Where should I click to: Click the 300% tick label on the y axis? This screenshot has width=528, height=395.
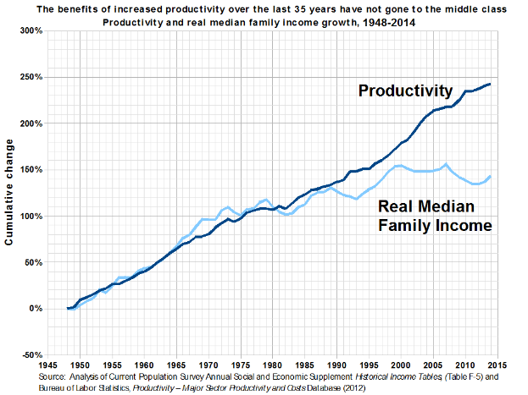click(32, 31)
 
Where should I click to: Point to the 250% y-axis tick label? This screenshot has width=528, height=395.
click(32, 78)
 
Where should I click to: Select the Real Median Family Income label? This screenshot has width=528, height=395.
click(435, 217)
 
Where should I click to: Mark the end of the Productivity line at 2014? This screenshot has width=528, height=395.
click(491, 84)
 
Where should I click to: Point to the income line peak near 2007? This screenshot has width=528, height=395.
click(446, 164)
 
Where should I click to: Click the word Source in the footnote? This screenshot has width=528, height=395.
click(53, 376)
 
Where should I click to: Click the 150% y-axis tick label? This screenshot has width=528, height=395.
click(32, 170)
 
